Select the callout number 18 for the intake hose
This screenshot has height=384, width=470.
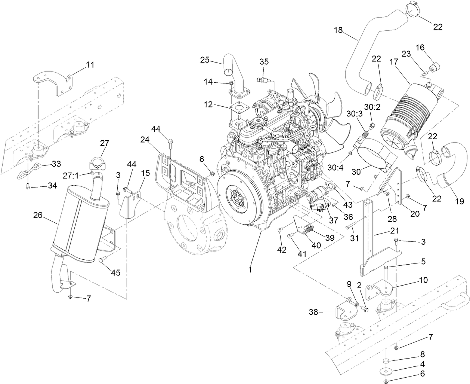pyautogui.click(x=338, y=30)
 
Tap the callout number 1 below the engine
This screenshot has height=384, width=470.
pyautogui.click(x=251, y=268)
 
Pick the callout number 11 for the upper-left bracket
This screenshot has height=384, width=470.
pyautogui.click(x=90, y=64)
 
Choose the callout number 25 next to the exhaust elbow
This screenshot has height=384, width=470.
pyautogui.click(x=205, y=60)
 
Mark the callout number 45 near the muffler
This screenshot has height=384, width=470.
pyautogui.click(x=115, y=272)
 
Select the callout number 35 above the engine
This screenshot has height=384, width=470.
pyautogui.click(x=264, y=62)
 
